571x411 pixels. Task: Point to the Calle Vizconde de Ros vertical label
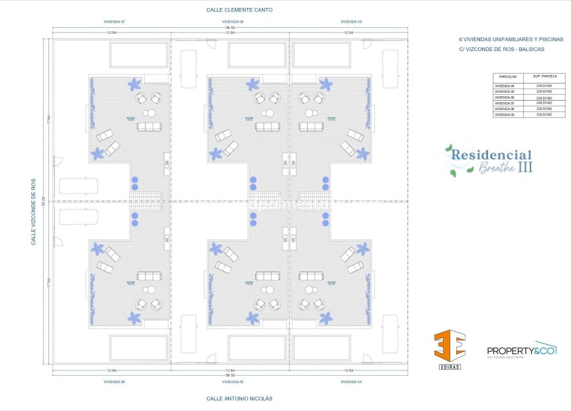(33, 211)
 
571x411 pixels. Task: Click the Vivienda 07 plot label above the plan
(114, 22)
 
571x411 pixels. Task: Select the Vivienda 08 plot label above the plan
(232, 22)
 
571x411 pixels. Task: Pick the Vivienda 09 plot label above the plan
(351, 22)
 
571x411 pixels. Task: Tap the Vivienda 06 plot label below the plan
(114, 382)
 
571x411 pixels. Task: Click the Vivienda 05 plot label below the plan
(232, 382)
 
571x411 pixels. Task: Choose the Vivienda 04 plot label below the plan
(351, 382)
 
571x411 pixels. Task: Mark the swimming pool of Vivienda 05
(253, 348)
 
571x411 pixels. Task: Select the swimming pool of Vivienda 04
(322, 348)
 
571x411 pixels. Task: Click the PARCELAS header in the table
(508, 77)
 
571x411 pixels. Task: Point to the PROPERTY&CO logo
(521, 350)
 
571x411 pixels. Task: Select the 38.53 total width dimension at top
(230, 27)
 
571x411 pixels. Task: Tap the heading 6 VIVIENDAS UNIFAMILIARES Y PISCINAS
(506, 39)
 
